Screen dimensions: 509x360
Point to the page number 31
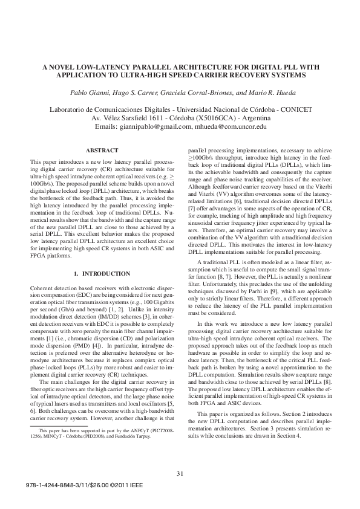tap(180, 473)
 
